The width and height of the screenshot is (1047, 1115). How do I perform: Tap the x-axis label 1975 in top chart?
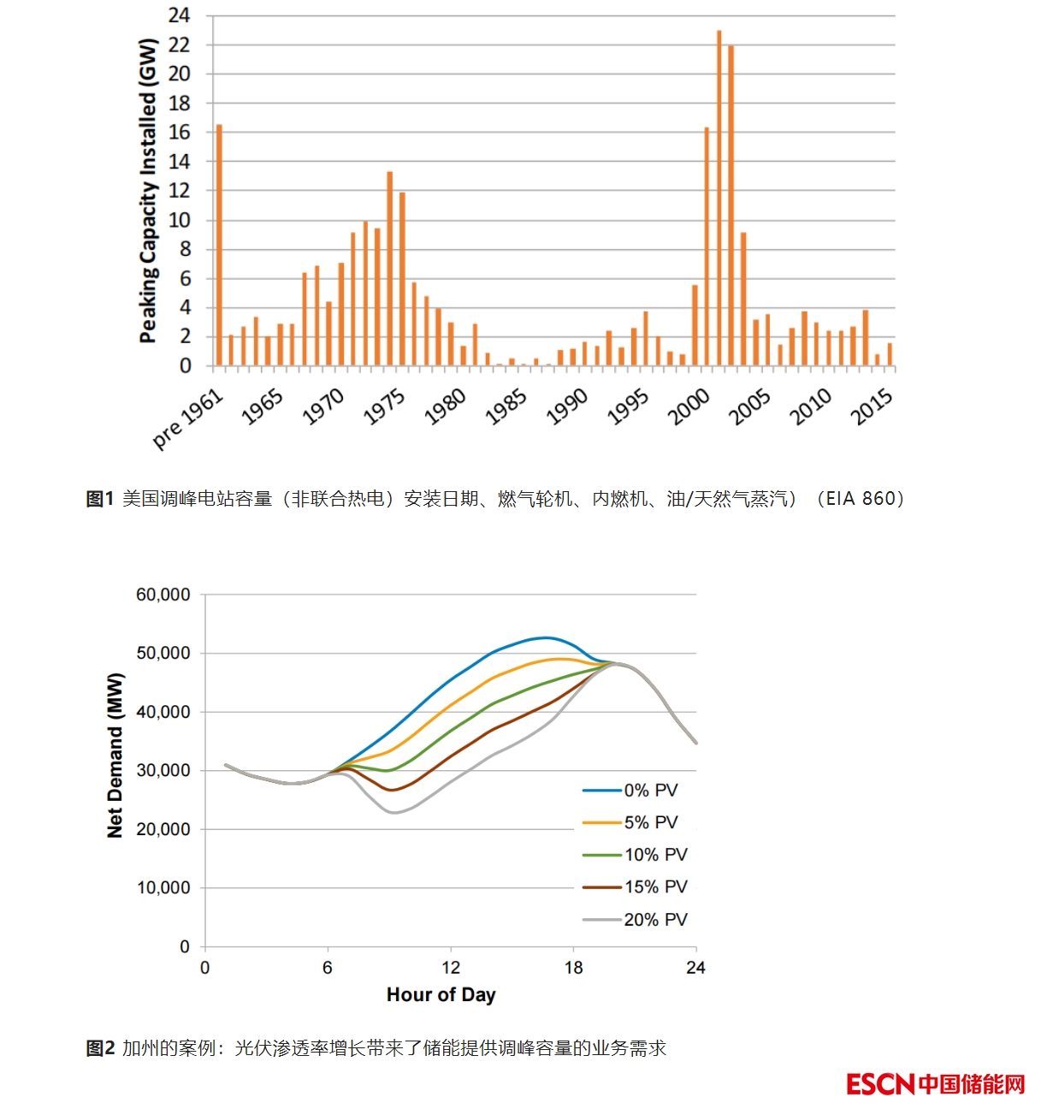click(384, 406)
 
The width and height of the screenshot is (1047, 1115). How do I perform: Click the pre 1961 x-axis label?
click(188, 418)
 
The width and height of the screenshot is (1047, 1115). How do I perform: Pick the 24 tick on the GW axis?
click(180, 15)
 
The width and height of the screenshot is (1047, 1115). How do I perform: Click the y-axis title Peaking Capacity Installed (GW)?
click(149, 191)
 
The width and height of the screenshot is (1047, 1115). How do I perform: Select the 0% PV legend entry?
click(650, 791)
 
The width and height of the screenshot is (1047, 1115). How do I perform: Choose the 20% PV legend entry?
click(655, 920)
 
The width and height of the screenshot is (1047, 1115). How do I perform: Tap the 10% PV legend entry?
click(655, 855)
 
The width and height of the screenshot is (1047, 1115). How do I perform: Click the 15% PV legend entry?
click(655, 887)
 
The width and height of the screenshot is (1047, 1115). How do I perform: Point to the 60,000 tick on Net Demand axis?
click(163, 595)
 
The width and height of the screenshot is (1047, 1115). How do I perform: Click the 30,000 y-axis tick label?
click(163, 770)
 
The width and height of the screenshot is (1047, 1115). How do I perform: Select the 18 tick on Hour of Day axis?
click(573, 968)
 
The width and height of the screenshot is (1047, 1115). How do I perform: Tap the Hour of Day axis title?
click(441, 994)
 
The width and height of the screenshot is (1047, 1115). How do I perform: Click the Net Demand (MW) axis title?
click(115, 756)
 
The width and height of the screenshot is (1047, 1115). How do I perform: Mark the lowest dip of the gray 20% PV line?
click(394, 812)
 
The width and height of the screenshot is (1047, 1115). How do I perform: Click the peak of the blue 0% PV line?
click(546, 638)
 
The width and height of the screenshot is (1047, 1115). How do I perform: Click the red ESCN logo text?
click(881, 1084)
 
